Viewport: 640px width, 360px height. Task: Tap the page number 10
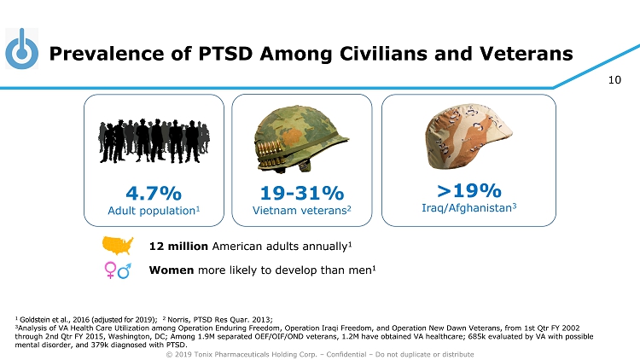[x=614, y=81]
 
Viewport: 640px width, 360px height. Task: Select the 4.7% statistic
[x=154, y=191]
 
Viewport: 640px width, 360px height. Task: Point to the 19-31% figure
[x=302, y=192]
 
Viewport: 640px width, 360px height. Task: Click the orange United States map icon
[x=118, y=246]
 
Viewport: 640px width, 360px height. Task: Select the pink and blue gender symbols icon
[x=117, y=270]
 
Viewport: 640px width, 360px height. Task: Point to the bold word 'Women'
[x=171, y=270]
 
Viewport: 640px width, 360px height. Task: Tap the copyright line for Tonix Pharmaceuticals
[x=320, y=353]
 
